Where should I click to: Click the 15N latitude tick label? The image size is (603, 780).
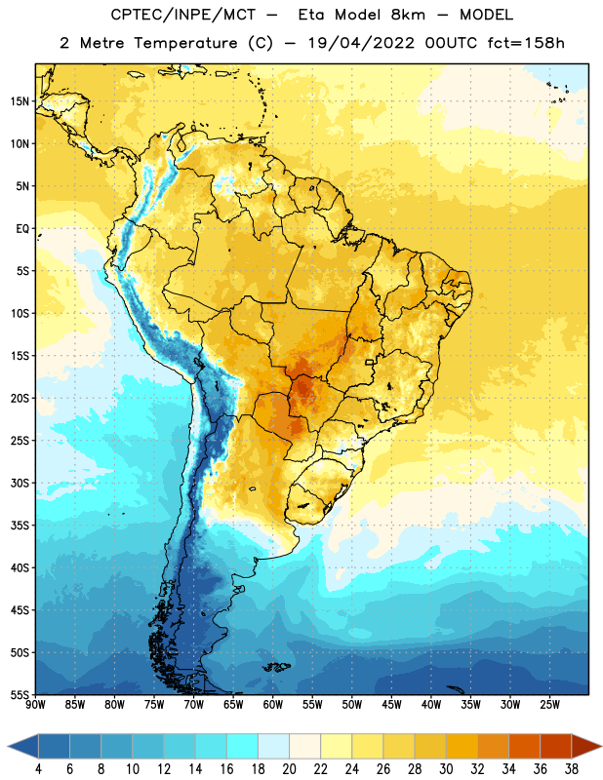pyautogui.click(x=20, y=101)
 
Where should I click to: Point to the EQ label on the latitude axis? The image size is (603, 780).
pyautogui.click(x=22, y=229)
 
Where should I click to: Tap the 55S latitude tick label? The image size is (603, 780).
pyautogui.click(x=20, y=695)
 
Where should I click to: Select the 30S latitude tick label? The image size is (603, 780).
pyautogui.click(x=20, y=483)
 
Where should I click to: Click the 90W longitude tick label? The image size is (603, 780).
pyautogui.click(x=35, y=705)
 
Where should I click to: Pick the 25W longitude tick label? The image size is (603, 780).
pyautogui.click(x=549, y=705)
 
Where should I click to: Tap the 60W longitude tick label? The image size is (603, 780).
pyautogui.click(x=273, y=705)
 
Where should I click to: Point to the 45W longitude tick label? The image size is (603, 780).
pyautogui.click(x=391, y=705)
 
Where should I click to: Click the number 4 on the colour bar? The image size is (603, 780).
pyautogui.click(x=38, y=769)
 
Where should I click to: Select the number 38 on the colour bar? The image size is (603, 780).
pyautogui.click(x=572, y=769)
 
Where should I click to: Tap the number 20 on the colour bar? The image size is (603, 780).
pyautogui.click(x=289, y=769)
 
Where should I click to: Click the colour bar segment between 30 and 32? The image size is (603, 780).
pyautogui.click(x=462, y=747)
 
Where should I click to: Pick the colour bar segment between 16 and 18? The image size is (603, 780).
pyautogui.click(x=242, y=747)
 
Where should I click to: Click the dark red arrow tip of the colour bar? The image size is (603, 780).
pyautogui.click(x=587, y=747)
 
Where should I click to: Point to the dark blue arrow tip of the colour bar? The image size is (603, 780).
pyautogui.click(x=22, y=747)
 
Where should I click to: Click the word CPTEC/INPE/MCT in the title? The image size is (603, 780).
pyautogui.click(x=183, y=15)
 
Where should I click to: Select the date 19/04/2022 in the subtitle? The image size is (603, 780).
pyautogui.click(x=361, y=43)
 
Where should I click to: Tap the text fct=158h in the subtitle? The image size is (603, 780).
pyautogui.click(x=526, y=43)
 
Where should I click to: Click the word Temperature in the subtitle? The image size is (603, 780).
pyautogui.click(x=185, y=44)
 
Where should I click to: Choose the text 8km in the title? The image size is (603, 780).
pyautogui.click(x=408, y=15)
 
